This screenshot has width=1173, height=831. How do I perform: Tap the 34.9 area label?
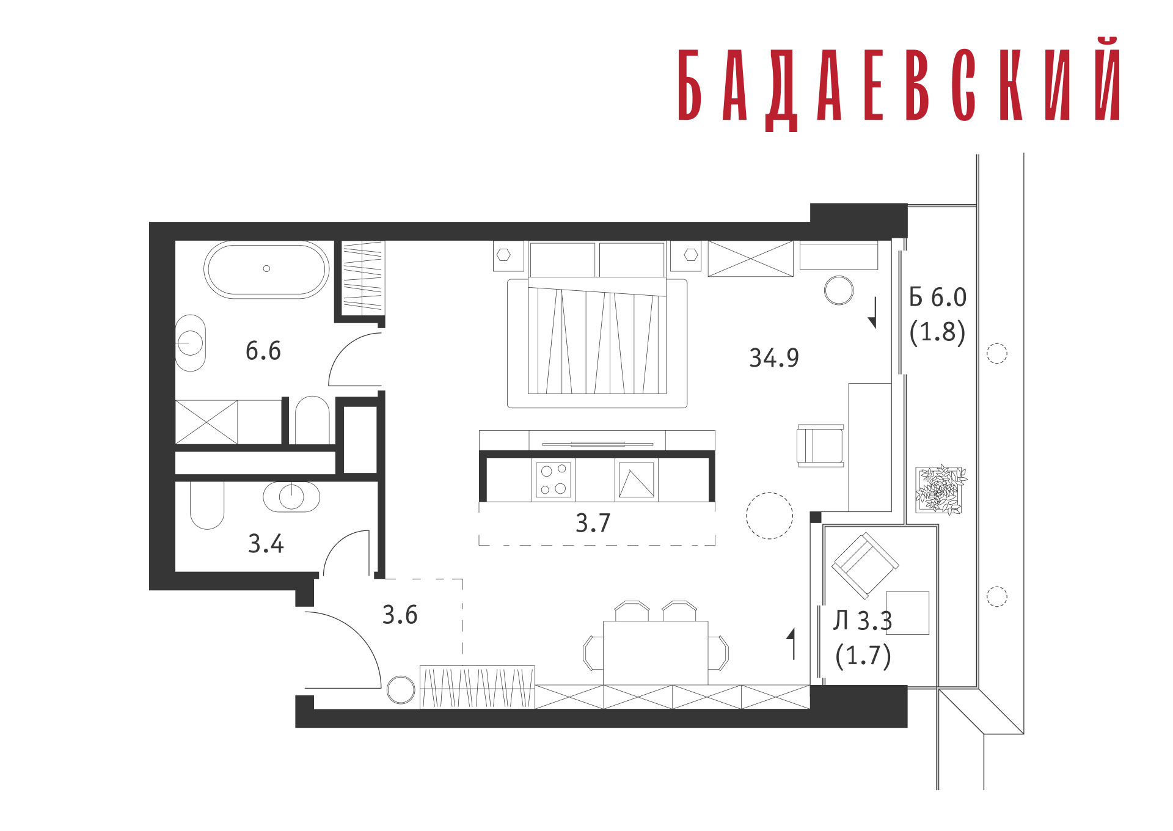pos(774,359)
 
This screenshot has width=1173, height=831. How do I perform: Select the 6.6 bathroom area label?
pos(263,351)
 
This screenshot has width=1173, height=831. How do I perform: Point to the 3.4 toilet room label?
pos(266,544)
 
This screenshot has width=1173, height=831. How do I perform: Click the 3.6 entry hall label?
pos(400,615)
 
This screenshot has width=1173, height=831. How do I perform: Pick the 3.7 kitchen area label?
pos(593,523)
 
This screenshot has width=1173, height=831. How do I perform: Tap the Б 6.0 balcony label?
pos(938,298)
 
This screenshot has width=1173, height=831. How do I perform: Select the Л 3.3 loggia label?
pos(863,621)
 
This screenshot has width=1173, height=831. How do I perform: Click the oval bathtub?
pos(266,269)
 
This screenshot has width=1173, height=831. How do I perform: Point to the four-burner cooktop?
pos(554,480)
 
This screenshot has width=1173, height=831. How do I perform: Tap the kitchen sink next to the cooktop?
pos(637,480)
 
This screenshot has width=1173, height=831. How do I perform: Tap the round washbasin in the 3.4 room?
pos(291,497)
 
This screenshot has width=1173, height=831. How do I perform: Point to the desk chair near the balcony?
pos(820,446)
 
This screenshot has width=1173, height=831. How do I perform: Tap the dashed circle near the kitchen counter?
pos(769,516)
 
